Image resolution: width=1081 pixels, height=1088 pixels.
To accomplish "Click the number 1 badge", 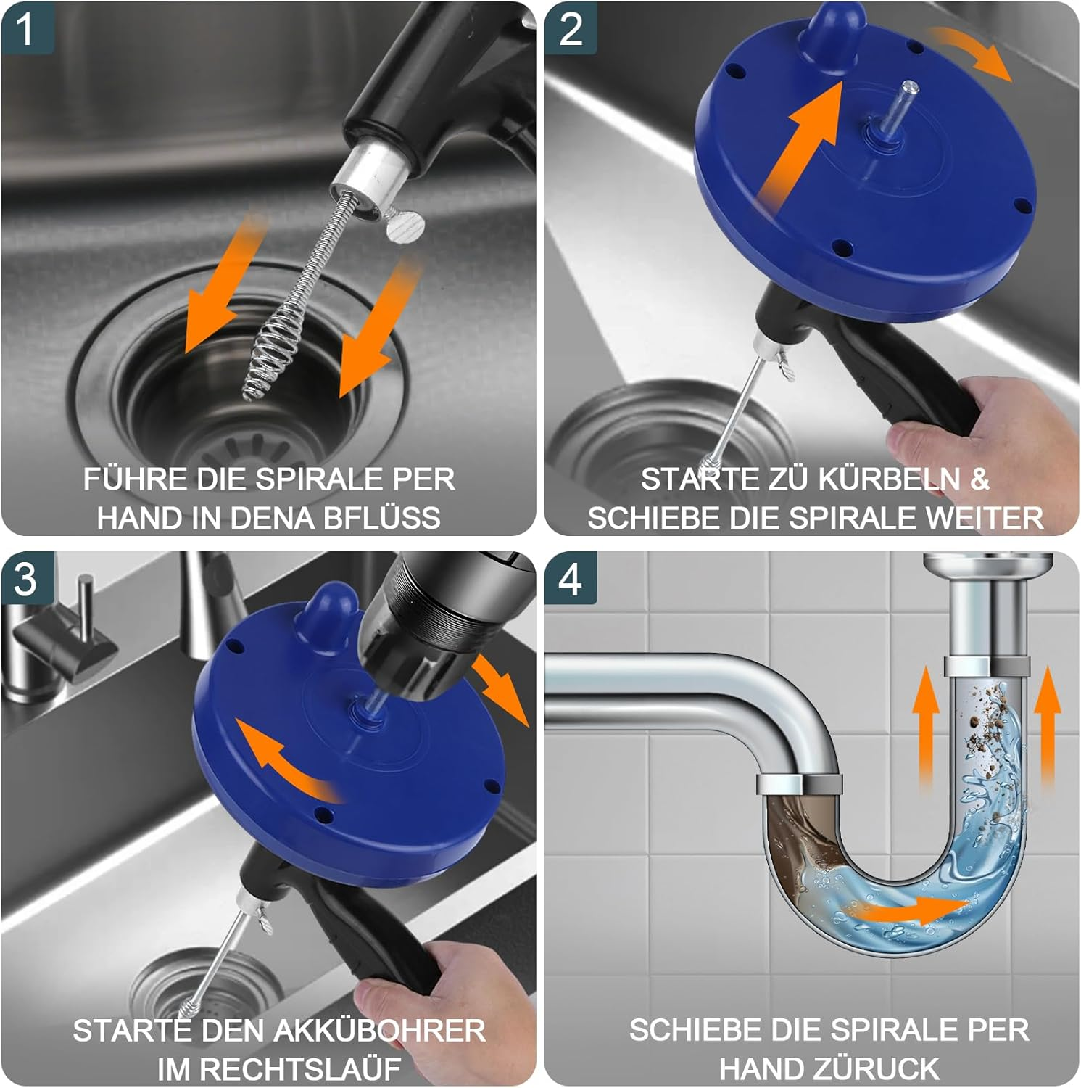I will click(x=26, y=29).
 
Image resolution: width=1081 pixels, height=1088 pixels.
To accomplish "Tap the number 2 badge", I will click(x=571, y=29).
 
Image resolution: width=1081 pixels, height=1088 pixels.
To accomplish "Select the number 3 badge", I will click(x=26, y=579).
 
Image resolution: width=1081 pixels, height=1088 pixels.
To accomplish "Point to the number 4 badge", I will click(x=571, y=579).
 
